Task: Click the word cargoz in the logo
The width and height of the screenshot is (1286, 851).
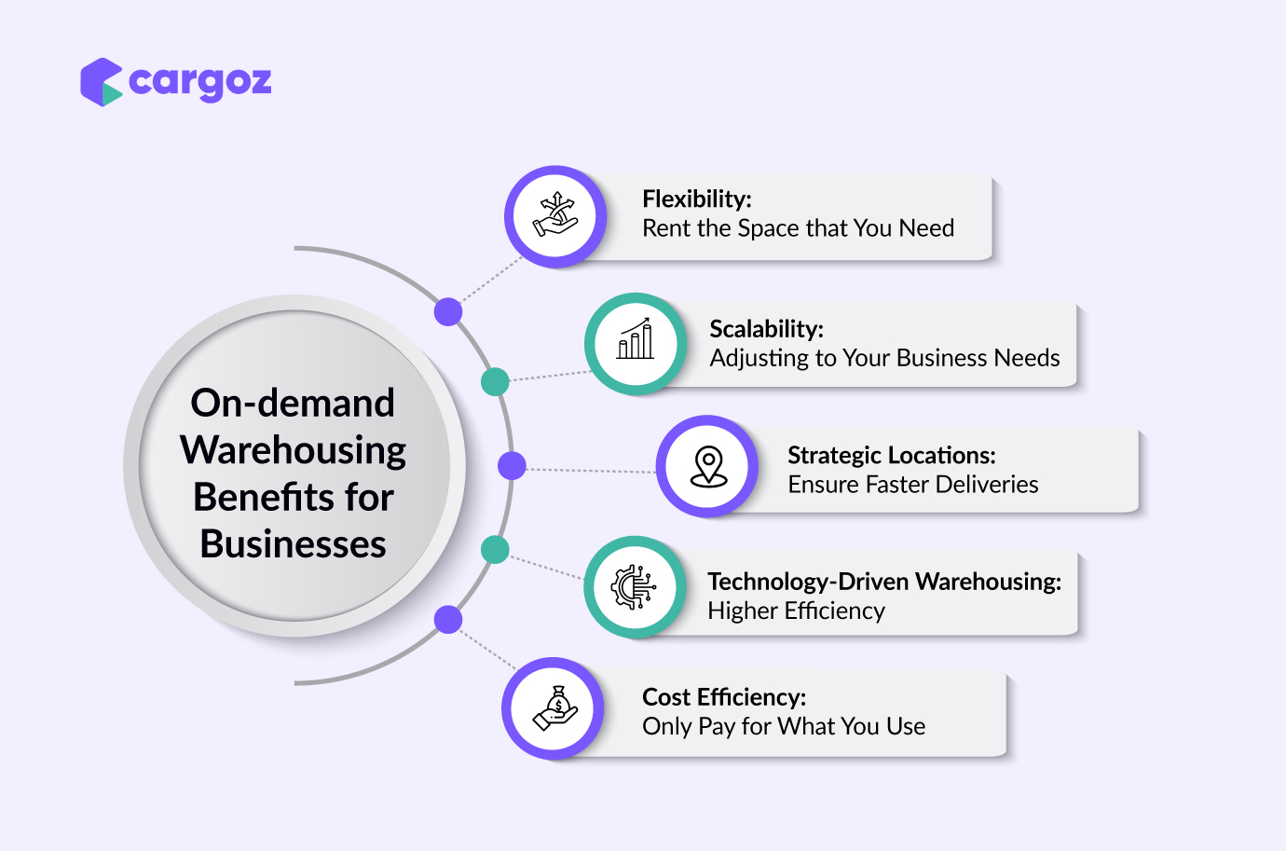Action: pos(200,82)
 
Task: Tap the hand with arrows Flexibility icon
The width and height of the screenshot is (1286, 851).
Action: pos(555,216)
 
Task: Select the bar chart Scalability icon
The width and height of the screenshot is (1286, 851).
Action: pos(636,342)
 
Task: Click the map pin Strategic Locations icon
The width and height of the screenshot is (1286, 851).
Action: pos(708,466)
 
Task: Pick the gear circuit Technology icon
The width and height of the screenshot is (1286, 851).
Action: pos(635,587)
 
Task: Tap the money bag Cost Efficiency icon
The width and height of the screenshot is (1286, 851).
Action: pos(555,708)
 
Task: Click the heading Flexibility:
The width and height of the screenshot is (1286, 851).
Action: pos(697,199)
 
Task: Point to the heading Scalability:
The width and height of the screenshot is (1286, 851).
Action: pos(766,328)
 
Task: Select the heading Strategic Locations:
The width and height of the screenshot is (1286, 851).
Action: pos(892,455)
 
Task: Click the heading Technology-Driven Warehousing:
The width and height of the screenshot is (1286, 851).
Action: pos(884,581)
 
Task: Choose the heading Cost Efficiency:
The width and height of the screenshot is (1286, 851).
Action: pos(724,697)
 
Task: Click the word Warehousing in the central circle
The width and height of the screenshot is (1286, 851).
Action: pos(294,450)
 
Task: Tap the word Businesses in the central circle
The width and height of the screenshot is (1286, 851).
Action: pos(294,544)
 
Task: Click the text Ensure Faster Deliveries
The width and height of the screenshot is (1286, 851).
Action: pos(913,485)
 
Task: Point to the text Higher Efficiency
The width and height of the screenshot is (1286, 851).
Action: pos(797,611)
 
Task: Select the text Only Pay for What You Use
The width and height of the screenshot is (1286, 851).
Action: pos(784,726)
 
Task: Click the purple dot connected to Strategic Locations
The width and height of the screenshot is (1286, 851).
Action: pos(512,466)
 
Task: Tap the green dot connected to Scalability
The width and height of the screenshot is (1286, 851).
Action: pos(495,381)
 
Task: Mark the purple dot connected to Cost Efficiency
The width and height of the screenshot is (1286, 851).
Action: pos(448,619)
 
